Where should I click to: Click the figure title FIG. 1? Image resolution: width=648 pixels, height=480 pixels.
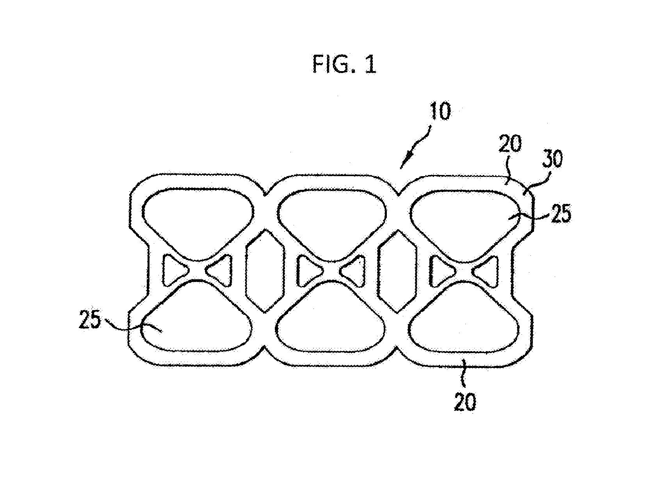(344, 64)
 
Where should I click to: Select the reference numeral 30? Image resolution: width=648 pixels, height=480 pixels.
(552, 159)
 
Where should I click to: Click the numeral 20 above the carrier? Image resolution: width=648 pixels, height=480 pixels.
(510, 144)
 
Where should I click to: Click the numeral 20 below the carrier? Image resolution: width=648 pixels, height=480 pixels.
(465, 402)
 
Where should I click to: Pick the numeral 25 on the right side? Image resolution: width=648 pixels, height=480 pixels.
(561, 214)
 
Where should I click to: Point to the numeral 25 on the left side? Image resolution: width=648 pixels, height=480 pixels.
(90, 320)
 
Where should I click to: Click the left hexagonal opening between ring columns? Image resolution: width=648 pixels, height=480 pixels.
(265, 271)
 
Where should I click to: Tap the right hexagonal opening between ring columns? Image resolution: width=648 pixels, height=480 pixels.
(397, 271)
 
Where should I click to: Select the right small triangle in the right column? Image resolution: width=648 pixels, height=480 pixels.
(486, 271)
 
